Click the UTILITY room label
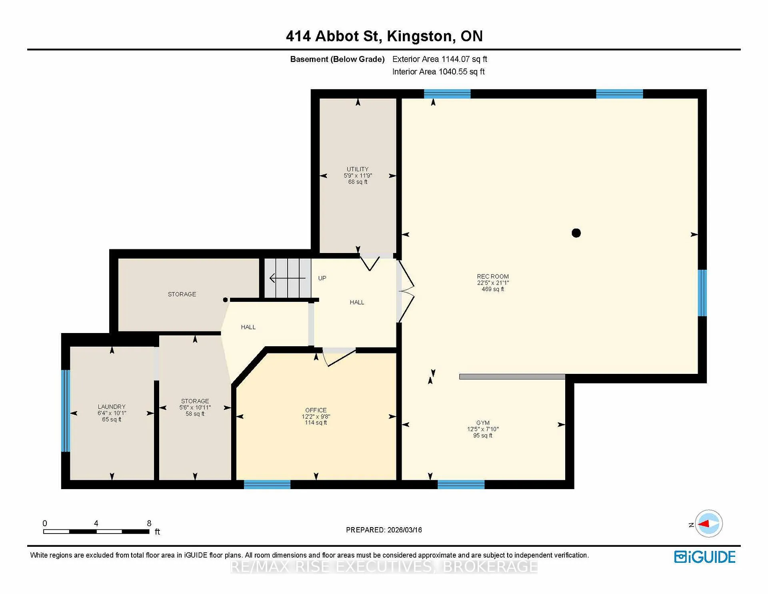tap(358, 169)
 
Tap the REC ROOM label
tap(493, 277)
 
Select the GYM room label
tap(483, 423)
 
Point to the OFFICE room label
tap(316, 410)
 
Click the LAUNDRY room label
tap(112, 407)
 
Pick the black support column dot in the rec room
tap(576, 233)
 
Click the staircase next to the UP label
tap(288, 278)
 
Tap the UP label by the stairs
tap(322, 278)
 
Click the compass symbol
tap(709, 524)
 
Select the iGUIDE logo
tap(705, 557)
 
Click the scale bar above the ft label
tap(96, 532)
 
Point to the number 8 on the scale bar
tap(149, 523)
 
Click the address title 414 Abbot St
tap(332, 36)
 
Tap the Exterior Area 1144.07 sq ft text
tap(440, 59)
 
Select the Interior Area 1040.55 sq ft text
tap(438, 72)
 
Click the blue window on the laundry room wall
tap(66, 411)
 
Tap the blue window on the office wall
tap(267, 485)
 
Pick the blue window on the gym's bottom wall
tap(461, 485)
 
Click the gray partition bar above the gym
tap(512, 377)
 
